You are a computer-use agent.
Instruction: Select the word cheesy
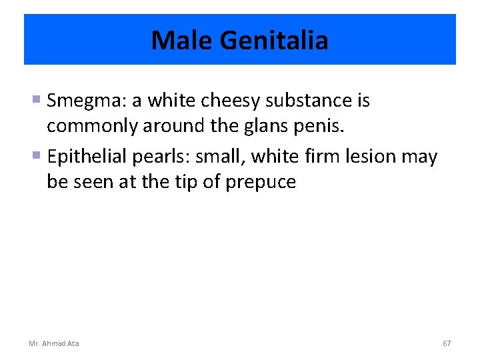(231, 101)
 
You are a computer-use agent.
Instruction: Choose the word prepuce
(262, 182)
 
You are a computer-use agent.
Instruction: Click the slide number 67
(447, 343)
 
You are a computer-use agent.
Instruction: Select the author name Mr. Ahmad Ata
(54, 343)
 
